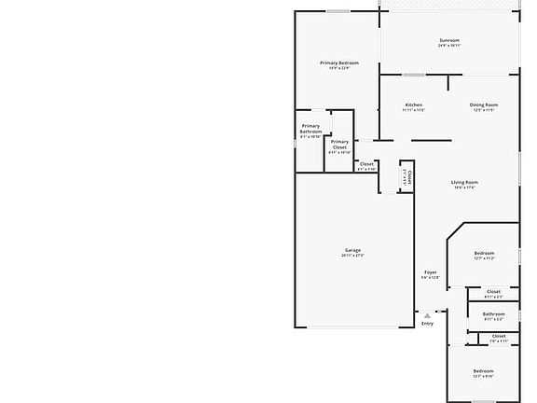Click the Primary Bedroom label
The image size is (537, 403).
339,63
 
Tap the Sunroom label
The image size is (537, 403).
450,40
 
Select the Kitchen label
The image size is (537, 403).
413,104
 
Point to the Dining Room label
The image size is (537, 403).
484,104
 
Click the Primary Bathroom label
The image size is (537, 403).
310,129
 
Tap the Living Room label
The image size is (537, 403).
464,182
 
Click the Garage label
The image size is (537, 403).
352,250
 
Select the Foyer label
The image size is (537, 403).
429,272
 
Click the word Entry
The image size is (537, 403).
427,324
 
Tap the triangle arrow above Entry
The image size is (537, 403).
427,315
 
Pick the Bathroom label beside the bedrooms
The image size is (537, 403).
493,313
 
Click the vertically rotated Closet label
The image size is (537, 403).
410,176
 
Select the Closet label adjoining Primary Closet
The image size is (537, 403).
366,164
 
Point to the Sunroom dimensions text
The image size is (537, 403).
450,46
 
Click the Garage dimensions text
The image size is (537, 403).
352,256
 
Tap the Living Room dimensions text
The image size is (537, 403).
464,188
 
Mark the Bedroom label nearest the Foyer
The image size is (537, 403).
484,253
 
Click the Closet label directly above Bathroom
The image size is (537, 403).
493,291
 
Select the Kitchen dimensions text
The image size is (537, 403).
413,110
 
